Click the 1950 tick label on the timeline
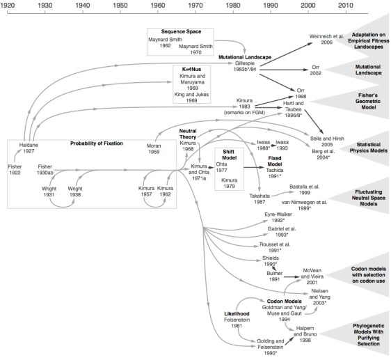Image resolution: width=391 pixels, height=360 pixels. coord(120,5)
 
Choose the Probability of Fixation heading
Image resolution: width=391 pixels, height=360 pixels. coord(97,143)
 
